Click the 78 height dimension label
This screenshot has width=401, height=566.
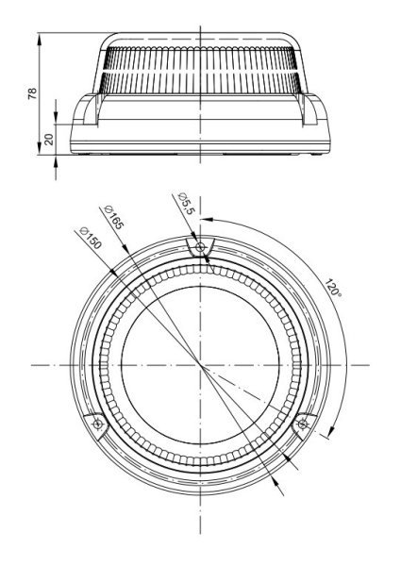point(32,93)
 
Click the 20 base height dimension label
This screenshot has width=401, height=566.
point(49,140)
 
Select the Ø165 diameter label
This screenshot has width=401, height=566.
point(113,217)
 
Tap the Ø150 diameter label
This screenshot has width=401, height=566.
point(91,239)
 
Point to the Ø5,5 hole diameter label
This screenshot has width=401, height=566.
point(187,204)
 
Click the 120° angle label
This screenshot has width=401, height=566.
point(333,288)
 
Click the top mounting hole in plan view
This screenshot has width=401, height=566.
point(200,247)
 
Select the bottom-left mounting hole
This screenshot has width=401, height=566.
point(98,424)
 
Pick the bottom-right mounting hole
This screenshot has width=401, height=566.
point(303,424)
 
